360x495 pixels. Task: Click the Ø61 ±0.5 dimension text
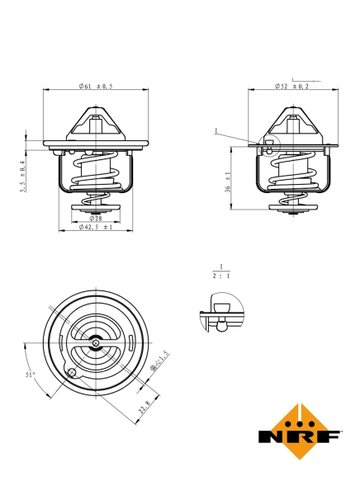[x=96, y=86]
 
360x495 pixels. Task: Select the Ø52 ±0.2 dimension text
[x=292, y=86]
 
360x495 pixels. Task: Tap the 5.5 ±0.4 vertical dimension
[x=24, y=176]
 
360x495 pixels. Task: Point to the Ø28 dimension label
[x=96, y=218]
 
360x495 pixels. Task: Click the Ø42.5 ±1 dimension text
[x=96, y=227]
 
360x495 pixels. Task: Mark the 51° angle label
[x=31, y=374]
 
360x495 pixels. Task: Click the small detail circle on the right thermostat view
[x=270, y=144]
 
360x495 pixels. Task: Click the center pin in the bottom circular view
[x=97, y=343]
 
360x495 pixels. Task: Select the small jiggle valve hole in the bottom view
[x=73, y=372]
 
